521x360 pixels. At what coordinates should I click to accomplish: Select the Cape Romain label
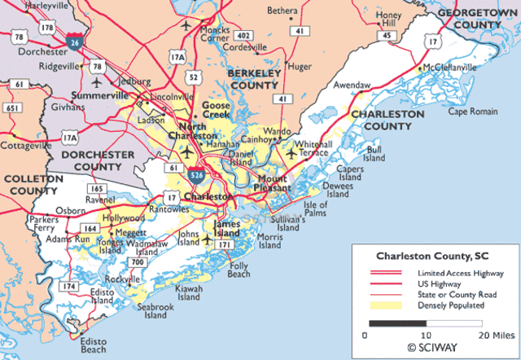(471, 111)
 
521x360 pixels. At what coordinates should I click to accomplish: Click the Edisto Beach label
(93, 345)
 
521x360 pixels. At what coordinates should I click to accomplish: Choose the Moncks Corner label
(215, 33)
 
